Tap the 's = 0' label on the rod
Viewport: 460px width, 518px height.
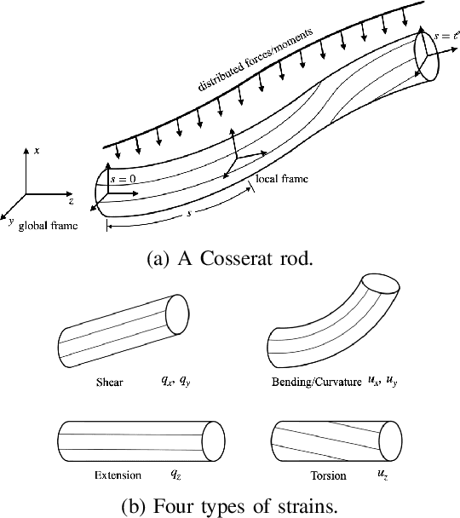click(x=124, y=179)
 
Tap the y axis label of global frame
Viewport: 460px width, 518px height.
click(x=11, y=220)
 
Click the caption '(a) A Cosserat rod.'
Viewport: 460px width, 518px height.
click(x=230, y=259)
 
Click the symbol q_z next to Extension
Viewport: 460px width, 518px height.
click(x=175, y=471)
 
